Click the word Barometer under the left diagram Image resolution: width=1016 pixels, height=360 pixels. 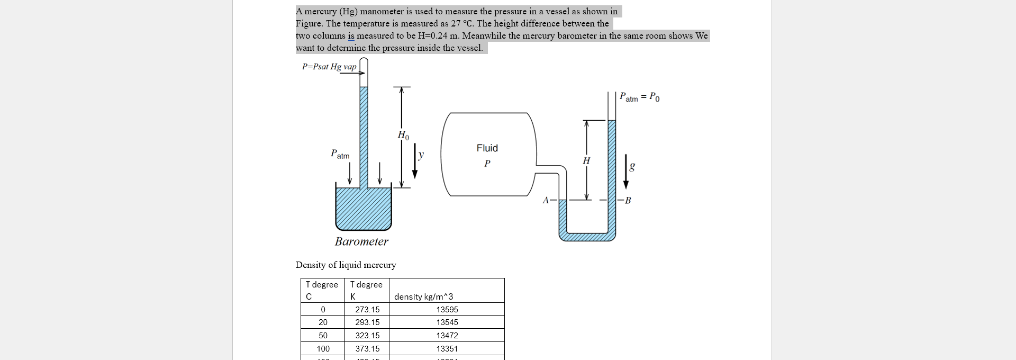[x=361, y=241]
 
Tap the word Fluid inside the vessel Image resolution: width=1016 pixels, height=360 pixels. [x=487, y=148]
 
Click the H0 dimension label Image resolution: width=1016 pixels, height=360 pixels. [x=403, y=135]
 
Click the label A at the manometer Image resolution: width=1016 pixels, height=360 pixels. [x=546, y=200]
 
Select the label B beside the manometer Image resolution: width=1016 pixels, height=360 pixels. [x=628, y=200]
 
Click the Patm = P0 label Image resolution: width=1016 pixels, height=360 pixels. [x=639, y=97]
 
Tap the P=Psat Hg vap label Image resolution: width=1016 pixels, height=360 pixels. [x=329, y=67]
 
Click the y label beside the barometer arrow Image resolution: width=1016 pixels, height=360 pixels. [x=421, y=155]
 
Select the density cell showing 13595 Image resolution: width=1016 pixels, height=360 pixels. [x=447, y=310]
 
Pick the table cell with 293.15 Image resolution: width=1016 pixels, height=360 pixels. [x=367, y=322]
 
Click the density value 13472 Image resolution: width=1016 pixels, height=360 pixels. [x=447, y=336]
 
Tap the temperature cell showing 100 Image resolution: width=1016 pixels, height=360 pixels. [x=323, y=349]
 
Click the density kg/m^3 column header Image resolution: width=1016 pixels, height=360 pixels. [x=423, y=297]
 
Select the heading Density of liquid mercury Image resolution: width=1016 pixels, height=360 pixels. [x=346, y=265]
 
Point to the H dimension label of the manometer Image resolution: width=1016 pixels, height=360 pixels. [x=586, y=160]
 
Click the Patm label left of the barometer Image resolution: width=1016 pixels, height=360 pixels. [x=340, y=155]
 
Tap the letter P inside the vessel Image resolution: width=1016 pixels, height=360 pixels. [x=487, y=164]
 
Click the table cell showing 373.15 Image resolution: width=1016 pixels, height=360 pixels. [x=367, y=349]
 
